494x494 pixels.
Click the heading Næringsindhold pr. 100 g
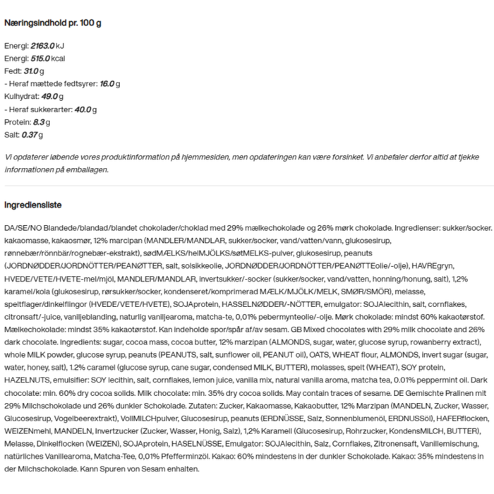(x=53, y=23)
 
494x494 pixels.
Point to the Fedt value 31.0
(x=29, y=71)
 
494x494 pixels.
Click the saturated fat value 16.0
(x=107, y=84)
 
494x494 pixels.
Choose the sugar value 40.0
(x=83, y=109)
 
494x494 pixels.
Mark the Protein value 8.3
(x=40, y=122)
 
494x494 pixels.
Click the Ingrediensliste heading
(x=33, y=205)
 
